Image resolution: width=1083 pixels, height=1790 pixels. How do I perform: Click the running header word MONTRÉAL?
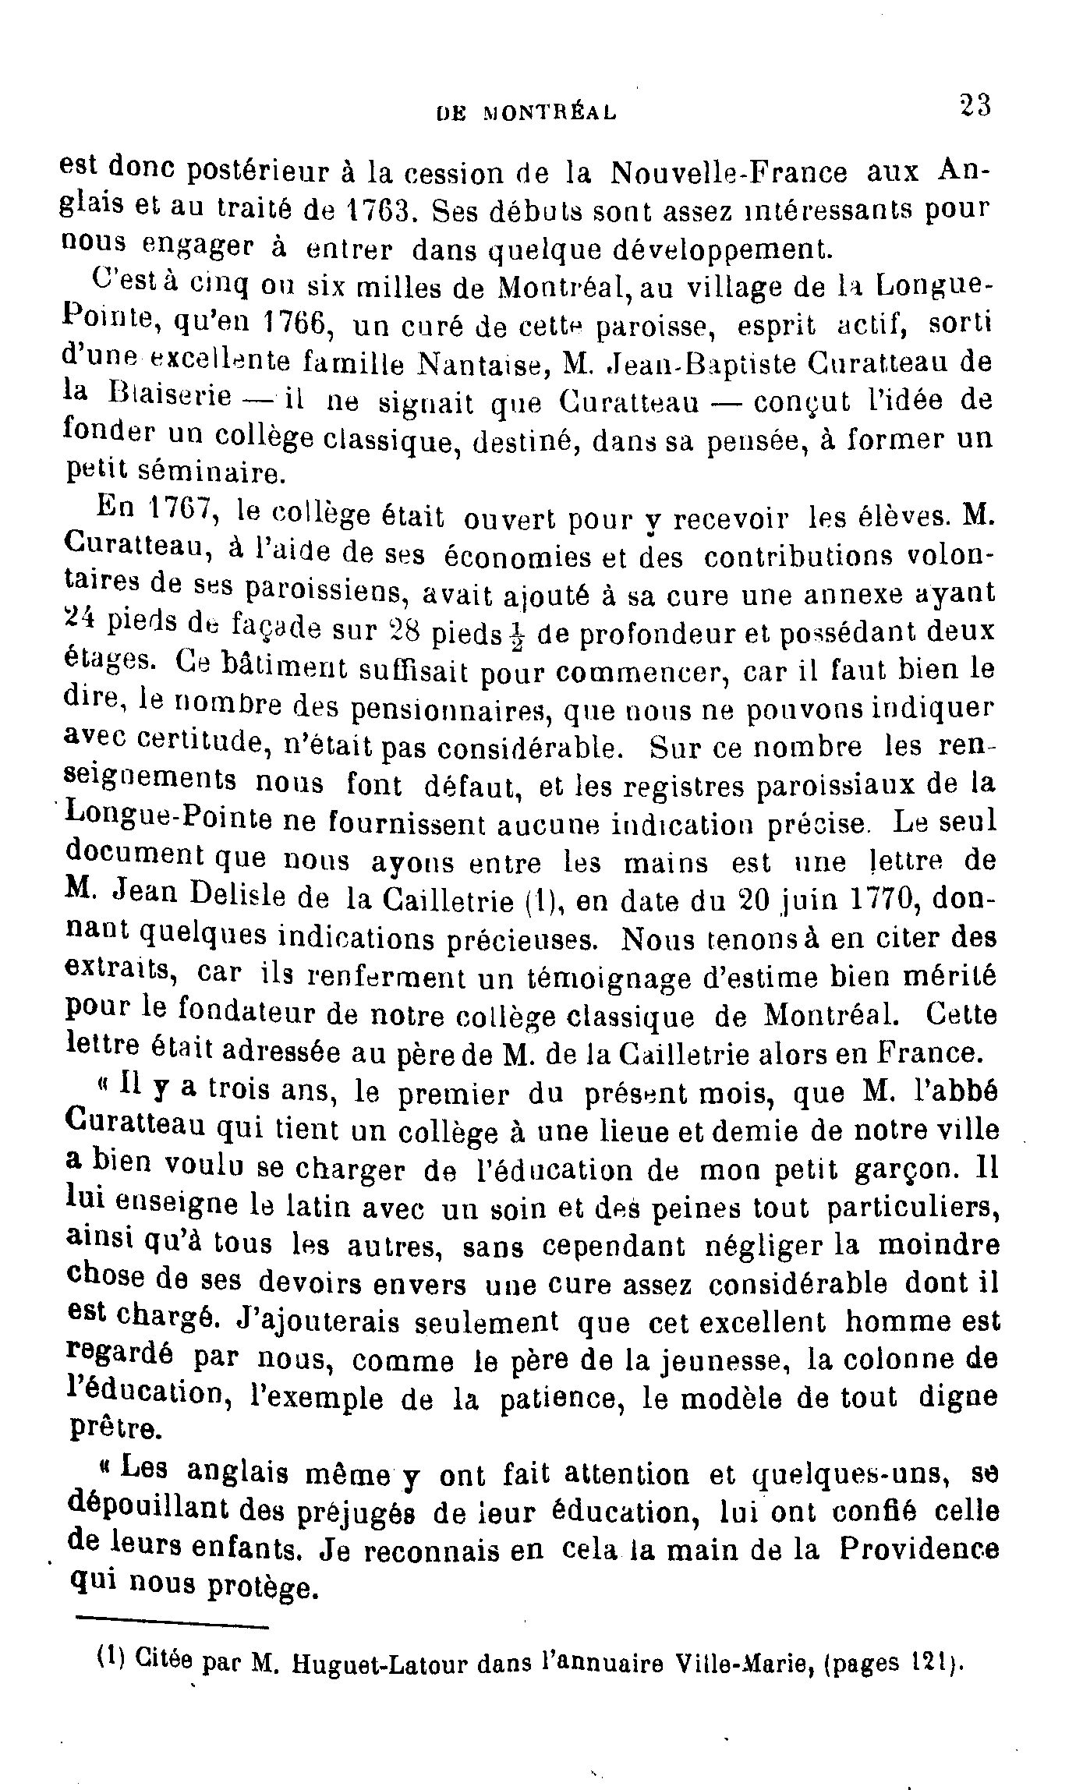pyautogui.click(x=550, y=112)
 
